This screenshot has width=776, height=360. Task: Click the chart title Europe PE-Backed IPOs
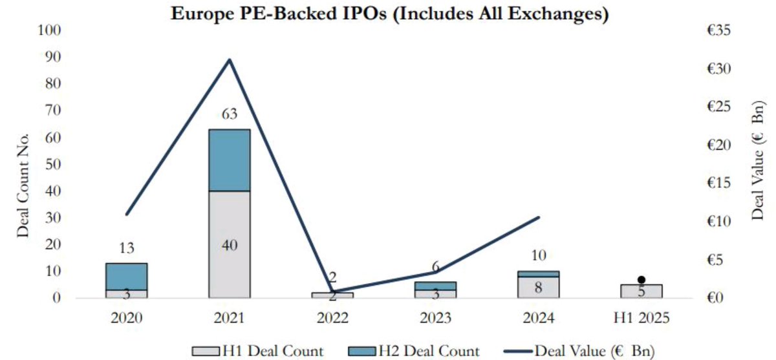pos(389,14)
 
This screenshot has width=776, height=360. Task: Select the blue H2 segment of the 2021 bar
pos(229,160)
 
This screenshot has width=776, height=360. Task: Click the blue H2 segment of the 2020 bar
pos(127,276)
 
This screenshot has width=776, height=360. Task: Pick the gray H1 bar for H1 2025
pos(641,291)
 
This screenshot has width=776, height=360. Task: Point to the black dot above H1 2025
pos(641,280)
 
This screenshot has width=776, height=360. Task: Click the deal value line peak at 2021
pos(229,60)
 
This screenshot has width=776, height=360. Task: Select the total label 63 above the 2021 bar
pos(229,114)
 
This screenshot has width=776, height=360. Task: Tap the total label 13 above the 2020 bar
pos(127,248)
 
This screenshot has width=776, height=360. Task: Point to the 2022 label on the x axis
pos(332,318)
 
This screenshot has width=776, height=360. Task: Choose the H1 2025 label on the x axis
pos(641,318)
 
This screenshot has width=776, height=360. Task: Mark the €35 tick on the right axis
pos(718,30)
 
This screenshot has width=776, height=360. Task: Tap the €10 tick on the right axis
pos(718,222)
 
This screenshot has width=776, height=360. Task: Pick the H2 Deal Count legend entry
pos(413,351)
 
